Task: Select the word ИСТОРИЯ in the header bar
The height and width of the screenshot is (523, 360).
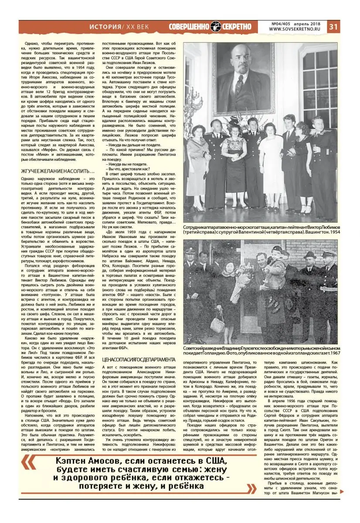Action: click(x=105, y=27)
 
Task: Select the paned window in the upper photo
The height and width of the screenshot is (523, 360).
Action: click(x=320, y=87)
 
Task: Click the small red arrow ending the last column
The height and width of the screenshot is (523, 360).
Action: click(x=341, y=492)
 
